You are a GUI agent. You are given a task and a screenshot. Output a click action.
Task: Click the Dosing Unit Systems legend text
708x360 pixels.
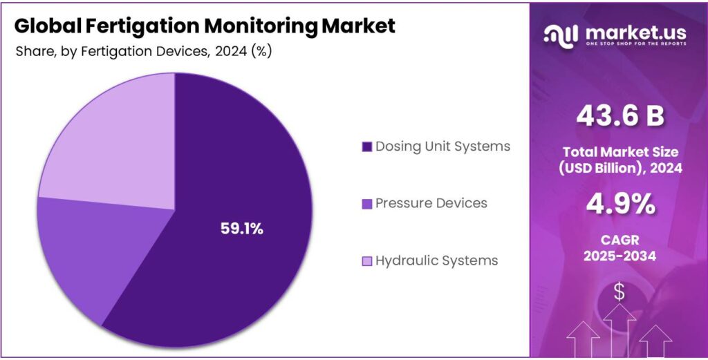(x=442, y=146)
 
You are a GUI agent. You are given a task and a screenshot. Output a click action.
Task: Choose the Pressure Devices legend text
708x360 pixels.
(x=431, y=203)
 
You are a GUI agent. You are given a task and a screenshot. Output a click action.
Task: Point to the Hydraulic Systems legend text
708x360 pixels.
(x=436, y=260)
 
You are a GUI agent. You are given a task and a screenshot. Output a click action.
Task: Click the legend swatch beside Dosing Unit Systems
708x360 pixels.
(x=367, y=146)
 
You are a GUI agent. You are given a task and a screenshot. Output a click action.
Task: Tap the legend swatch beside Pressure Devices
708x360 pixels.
(x=367, y=204)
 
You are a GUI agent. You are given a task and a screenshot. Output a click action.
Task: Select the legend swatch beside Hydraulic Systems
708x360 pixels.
(x=367, y=261)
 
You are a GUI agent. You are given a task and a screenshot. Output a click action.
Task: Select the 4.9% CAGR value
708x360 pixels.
(x=619, y=205)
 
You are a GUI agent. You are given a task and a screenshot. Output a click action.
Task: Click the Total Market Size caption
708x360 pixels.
(x=619, y=152)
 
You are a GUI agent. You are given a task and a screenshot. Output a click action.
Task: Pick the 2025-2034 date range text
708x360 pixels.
(x=619, y=256)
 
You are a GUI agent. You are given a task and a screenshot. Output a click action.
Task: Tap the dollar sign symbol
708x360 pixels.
(x=619, y=292)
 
